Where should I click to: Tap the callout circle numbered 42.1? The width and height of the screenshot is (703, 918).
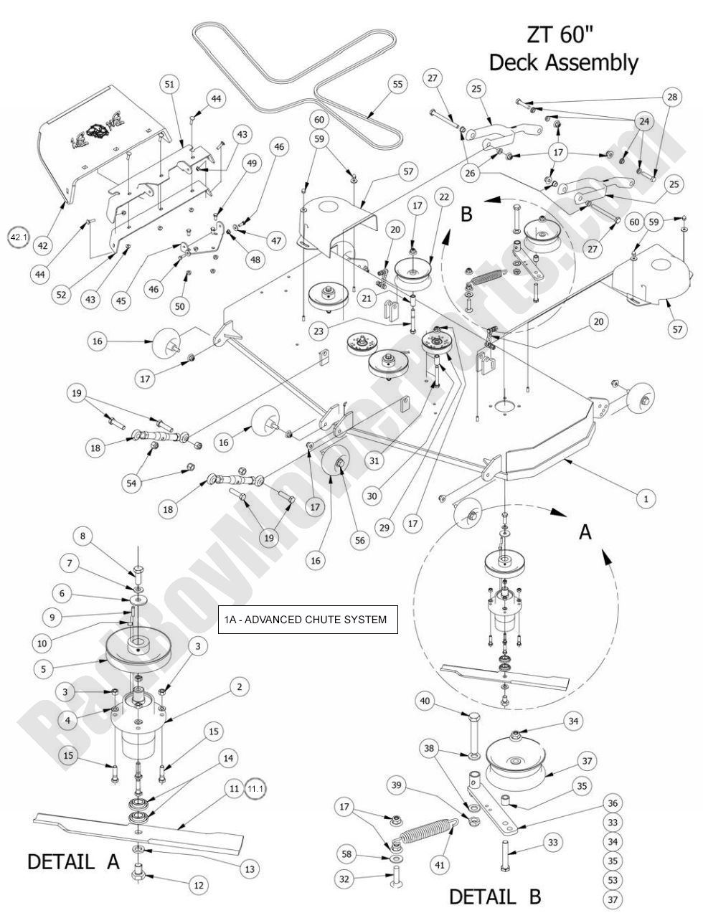(17, 237)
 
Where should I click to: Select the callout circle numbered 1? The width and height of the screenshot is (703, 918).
(646, 498)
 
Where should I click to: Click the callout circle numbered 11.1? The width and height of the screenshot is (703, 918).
(255, 789)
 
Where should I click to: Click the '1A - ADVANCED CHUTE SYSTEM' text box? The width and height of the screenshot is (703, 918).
(308, 619)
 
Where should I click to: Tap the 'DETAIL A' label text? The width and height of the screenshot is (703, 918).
(73, 861)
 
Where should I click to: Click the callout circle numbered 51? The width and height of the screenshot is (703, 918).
(169, 85)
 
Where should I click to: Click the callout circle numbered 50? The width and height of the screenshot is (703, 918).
(179, 306)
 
